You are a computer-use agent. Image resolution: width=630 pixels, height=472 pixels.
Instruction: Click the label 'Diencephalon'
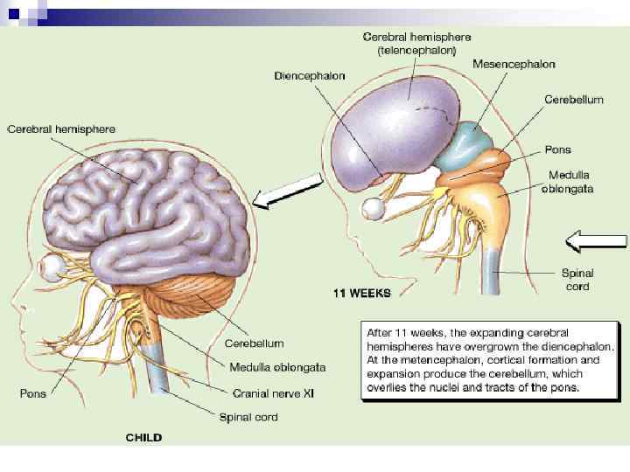pyautogui.click(x=310, y=76)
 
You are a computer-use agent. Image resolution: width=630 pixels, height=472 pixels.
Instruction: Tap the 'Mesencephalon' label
pyautogui.click(x=514, y=64)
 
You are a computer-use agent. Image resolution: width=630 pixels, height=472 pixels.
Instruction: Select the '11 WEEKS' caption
pyautogui.click(x=360, y=293)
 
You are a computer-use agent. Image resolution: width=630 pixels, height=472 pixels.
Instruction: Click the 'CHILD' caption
pyautogui.click(x=143, y=436)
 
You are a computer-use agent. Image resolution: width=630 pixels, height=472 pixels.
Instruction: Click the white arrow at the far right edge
pyautogui.click(x=596, y=238)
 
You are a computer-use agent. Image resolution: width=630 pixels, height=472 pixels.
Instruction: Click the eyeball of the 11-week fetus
pyautogui.click(x=375, y=208)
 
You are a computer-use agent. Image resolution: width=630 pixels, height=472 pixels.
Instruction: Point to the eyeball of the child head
pyautogui.click(x=54, y=267)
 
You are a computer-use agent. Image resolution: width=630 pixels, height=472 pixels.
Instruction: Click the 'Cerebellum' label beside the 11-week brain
pyautogui.click(x=573, y=100)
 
